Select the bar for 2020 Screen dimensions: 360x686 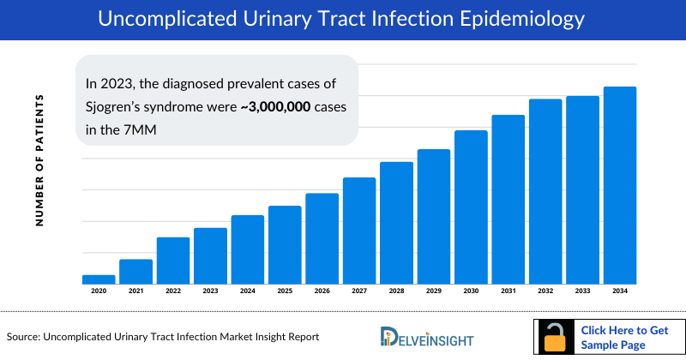click(x=99, y=279)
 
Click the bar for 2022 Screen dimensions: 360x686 click(x=173, y=261)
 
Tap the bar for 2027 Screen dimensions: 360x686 click(x=359, y=230)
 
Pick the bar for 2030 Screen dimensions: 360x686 click(x=471, y=207)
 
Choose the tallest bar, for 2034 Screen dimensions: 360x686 click(x=620, y=184)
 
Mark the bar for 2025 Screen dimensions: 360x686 click(x=285, y=244)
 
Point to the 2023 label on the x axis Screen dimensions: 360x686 click(x=210, y=291)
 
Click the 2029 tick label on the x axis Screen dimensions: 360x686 click(x=434, y=291)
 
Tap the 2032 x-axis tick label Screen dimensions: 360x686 click(x=545, y=291)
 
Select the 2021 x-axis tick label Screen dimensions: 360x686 click(x=135, y=291)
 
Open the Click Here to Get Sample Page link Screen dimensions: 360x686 click(x=624, y=337)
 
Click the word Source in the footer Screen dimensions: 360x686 click(x=25, y=338)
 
